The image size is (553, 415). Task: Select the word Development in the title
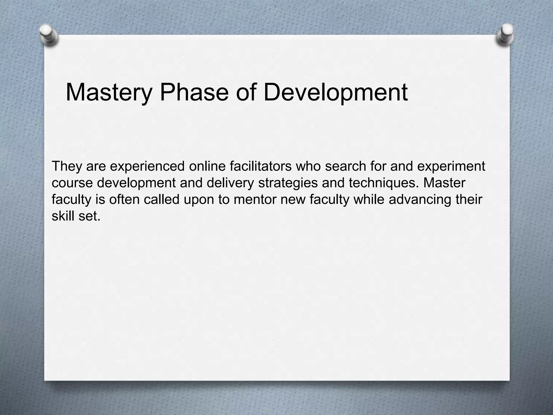point(335,93)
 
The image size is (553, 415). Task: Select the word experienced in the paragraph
point(147,166)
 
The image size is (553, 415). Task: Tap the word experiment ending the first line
point(451,166)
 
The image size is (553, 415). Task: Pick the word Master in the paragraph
point(444,183)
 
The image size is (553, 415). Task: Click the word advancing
point(420,199)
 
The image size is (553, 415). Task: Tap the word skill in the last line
point(63,216)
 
